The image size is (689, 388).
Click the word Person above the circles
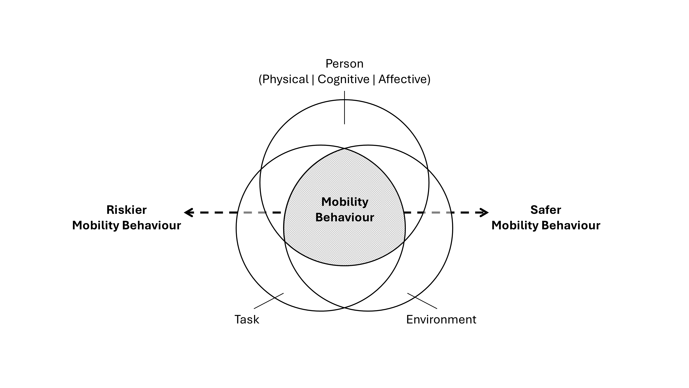tap(344, 64)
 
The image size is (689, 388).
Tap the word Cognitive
tap(343, 79)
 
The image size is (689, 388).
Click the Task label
tap(247, 319)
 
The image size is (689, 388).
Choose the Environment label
tap(441, 319)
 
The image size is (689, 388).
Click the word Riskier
tap(126, 210)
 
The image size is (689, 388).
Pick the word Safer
tap(546, 210)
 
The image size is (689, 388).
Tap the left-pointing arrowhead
tap(188, 213)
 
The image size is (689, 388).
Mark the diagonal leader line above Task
tap(269, 301)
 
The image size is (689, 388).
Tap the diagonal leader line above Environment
tap(422, 301)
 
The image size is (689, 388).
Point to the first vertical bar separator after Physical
tap(313, 79)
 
